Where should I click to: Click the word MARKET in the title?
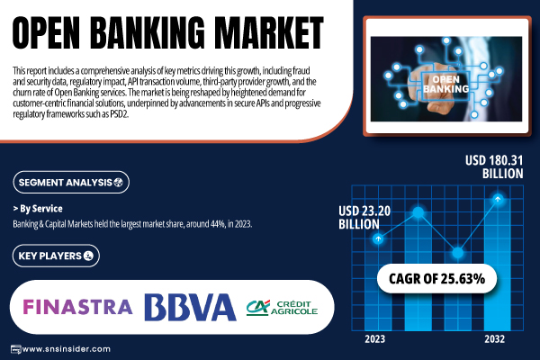(x=271, y=33)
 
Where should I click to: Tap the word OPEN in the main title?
(x=46, y=33)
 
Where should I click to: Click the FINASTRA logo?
(x=77, y=307)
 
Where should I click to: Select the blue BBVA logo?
(x=190, y=307)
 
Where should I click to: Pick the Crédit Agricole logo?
(x=282, y=308)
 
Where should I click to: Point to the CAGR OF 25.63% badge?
(x=436, y=279)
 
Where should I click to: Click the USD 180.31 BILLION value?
(x=494, y=166)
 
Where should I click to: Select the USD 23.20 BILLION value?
(x=364, y=218)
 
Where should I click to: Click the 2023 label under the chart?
(x=374, y=339)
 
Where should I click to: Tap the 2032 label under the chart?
(x=494, y=339)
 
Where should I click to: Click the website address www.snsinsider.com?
(x=66, y=349)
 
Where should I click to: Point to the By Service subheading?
(x=38, y=209)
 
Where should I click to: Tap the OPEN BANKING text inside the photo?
(x=446, y=84)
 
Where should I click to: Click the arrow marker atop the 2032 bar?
(x=498, y=199)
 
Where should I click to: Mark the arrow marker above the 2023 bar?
(x=378, y=238)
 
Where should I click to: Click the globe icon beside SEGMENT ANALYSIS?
(x=118, y=182)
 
